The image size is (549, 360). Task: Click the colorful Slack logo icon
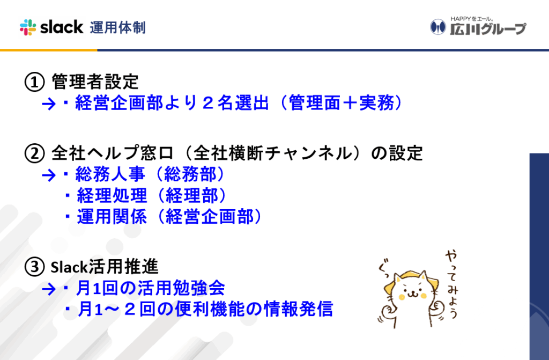pos(28,27)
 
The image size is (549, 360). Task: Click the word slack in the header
pos(62,27)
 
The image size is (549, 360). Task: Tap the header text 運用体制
pos(117,28)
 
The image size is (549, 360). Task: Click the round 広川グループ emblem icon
pos(437,27)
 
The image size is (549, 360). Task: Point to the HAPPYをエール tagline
pos(472,19)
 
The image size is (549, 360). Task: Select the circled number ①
pos(34,82)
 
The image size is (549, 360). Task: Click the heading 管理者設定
pos(95,82)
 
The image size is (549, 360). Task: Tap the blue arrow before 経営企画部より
pos(49,104)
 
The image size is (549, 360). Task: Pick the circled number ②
pos(34,153)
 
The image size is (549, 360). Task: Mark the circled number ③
pos(34,267)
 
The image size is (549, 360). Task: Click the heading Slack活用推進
pos(105,267)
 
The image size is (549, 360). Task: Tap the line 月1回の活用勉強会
pos(144,288)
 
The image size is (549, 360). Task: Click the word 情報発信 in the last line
pos(298,309)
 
